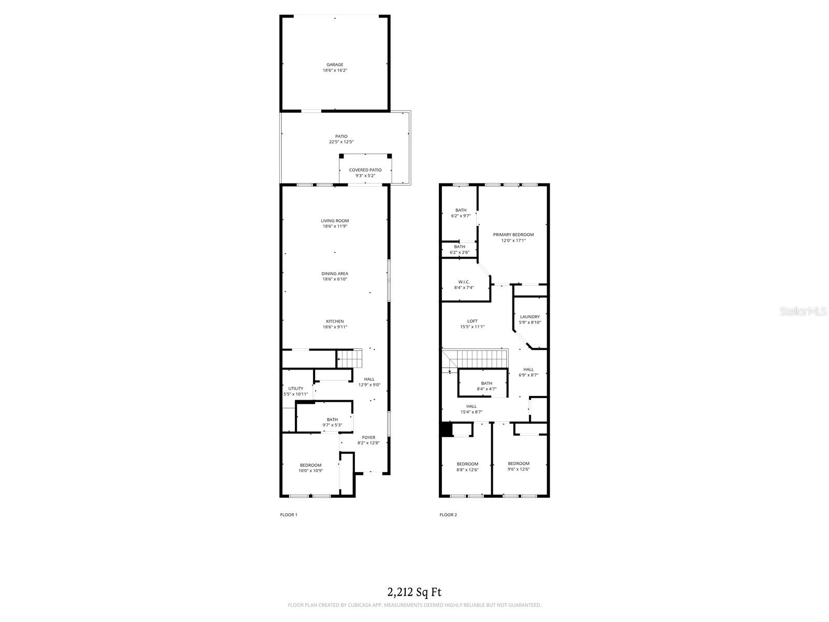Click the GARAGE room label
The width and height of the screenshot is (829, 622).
coord(335,65)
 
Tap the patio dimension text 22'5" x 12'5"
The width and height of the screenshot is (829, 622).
coord(341,142)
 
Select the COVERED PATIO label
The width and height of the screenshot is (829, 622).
coord(365,170)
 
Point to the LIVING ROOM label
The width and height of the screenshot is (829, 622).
coord(335,221)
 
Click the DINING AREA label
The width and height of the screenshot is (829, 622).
coord(335,274)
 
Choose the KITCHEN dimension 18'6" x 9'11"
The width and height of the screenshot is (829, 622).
coord(335,327)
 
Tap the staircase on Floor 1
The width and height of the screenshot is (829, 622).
coord(349,358)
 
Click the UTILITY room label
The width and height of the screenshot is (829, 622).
coord(296,388)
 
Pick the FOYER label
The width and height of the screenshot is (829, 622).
coord(368,437)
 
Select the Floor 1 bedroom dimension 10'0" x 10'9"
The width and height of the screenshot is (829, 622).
coord(310,471)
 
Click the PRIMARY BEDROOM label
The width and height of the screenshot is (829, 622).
coord(513,234)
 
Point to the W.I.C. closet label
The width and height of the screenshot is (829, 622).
coord(464,282)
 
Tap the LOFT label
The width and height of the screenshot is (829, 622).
coord(472,321)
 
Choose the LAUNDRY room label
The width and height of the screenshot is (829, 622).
coord(530,317)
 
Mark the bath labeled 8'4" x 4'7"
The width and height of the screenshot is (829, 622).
coord(487,386)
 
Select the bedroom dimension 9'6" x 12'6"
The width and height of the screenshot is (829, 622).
coord(519,469)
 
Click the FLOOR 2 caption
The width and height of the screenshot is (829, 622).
coord(448,515)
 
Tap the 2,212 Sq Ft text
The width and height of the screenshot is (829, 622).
coord(414,592)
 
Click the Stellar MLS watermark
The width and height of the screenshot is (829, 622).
coord(803,311)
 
